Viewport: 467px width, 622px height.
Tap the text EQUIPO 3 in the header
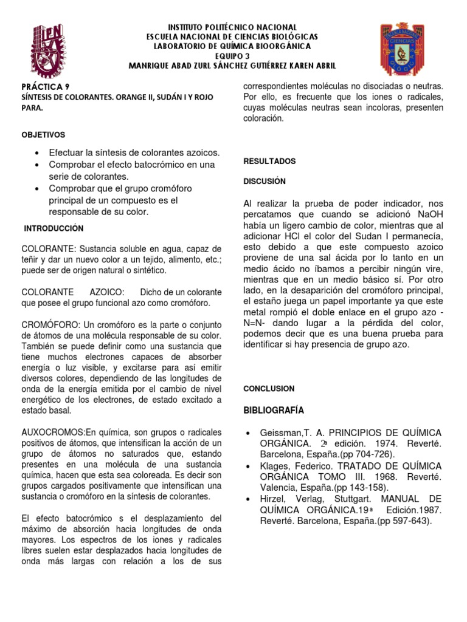tap(233, 56)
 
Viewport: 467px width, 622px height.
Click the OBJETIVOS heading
tap(43, 134)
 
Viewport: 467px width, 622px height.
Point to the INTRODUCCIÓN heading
tap(54, 228)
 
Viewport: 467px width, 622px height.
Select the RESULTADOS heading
tap(269, 162)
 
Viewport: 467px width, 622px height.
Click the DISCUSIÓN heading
tap(265, 181)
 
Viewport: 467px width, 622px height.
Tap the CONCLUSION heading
tap(269, 388)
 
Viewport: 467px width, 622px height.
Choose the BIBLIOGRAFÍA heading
tap(274, 410)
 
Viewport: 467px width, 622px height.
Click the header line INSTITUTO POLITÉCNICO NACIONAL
tap(233, 27)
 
